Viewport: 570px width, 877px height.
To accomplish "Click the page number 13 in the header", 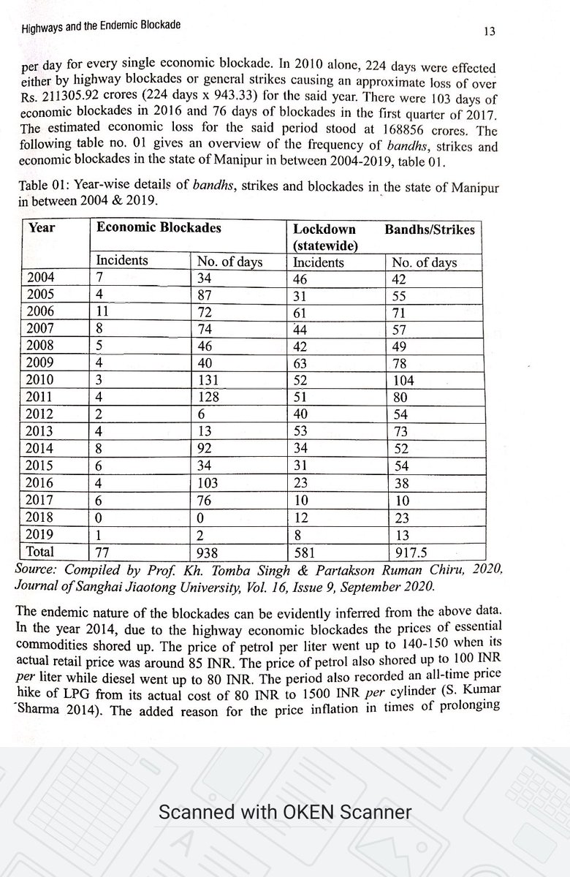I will [490, 31].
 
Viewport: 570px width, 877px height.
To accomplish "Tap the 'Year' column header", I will [42, 228].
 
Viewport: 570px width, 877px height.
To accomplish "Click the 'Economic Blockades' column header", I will [159, 228].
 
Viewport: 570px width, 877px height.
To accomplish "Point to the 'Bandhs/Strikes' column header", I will [430, 229].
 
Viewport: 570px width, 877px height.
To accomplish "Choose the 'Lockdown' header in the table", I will [324, 229].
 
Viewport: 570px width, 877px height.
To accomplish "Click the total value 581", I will [305, 553].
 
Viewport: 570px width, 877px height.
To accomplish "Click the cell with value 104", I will [403, 381].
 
